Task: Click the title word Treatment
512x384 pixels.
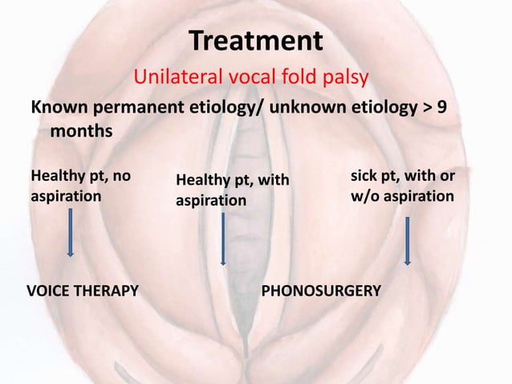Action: pyautogui.click(x=255, y=39)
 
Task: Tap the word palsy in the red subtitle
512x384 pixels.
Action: pyautogui.click(x=347, y=78)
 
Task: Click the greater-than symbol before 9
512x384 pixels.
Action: pyautogui.click(x=426, y=108)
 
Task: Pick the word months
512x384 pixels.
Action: pyautogui.click(x=81, y=130)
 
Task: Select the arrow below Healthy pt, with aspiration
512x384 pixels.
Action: pyautogui.click(x=223, y=239)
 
